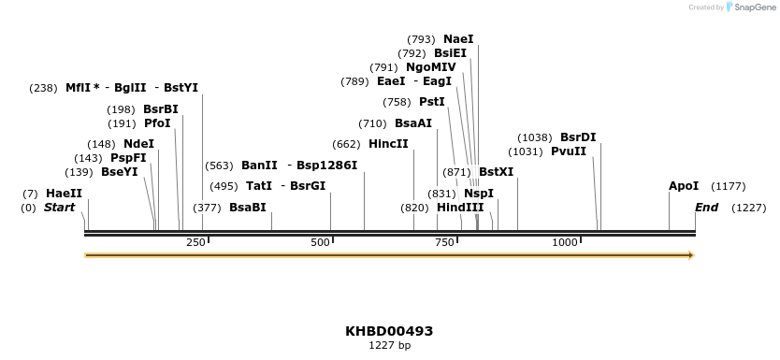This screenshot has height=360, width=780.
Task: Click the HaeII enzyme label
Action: pos(64,194)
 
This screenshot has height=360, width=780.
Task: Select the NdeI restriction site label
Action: pos(138,144)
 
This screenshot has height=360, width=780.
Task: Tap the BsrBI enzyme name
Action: pos(160,109)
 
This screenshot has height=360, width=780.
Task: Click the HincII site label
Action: pos(388,144)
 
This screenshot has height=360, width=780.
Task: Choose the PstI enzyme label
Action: pos(431,102)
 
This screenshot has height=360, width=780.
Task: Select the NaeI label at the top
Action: pos(458,39)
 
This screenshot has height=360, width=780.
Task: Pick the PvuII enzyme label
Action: pos(568,151)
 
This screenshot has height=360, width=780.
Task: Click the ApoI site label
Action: pos(684,186)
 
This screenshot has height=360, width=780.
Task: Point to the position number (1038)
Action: pos(535,137)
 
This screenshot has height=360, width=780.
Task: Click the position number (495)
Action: pos(224,186)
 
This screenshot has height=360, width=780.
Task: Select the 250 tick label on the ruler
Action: pos(195,243)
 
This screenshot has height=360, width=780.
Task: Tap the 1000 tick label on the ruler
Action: pos(565,243)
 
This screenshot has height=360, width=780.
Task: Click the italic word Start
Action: pos(59,208)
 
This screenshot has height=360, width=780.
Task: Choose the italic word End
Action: pos(706,208)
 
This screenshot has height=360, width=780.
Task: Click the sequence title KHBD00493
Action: pos(389,331)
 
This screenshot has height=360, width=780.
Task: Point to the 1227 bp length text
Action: pos(389,346)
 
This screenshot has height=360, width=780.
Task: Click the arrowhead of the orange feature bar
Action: pos(691,254)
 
